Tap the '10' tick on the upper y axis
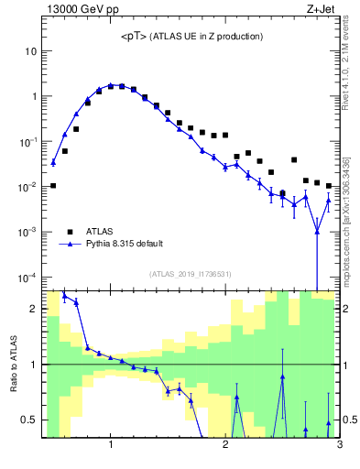(x=29, y=51)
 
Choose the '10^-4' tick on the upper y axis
(x=27, y=277)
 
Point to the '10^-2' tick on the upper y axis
(x=27, y=187)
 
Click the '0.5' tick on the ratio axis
(x=27, y=420)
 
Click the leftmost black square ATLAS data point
(x=53, y=185)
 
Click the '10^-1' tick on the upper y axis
(x=27, y=142)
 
